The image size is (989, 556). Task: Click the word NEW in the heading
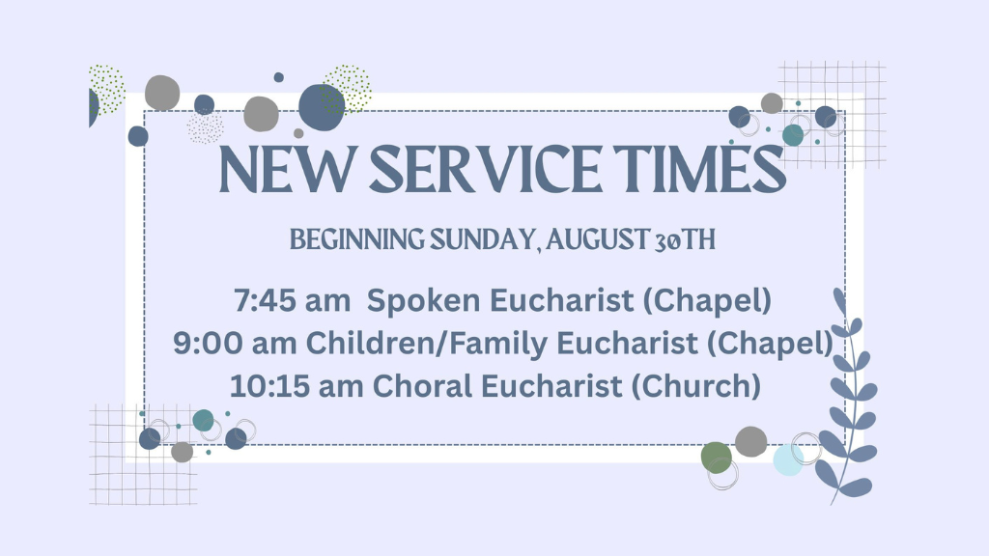[x=287, y=169]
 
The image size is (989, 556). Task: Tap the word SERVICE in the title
[x=485, y=169]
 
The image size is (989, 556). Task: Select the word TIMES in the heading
[x=699, y=169]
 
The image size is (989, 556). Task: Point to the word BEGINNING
[x=357, y=240]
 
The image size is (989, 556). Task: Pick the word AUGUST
[x=598, y=240]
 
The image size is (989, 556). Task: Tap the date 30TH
[x=685, y=240]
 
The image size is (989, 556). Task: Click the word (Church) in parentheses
[x=695, y=386]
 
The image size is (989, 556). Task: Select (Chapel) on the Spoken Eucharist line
[x=707, y=301]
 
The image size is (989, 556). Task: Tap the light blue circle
[x=788, y=460]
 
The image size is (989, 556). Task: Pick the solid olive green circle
[x=717, y=457]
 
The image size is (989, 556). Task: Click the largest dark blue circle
[x=322, y=107]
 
